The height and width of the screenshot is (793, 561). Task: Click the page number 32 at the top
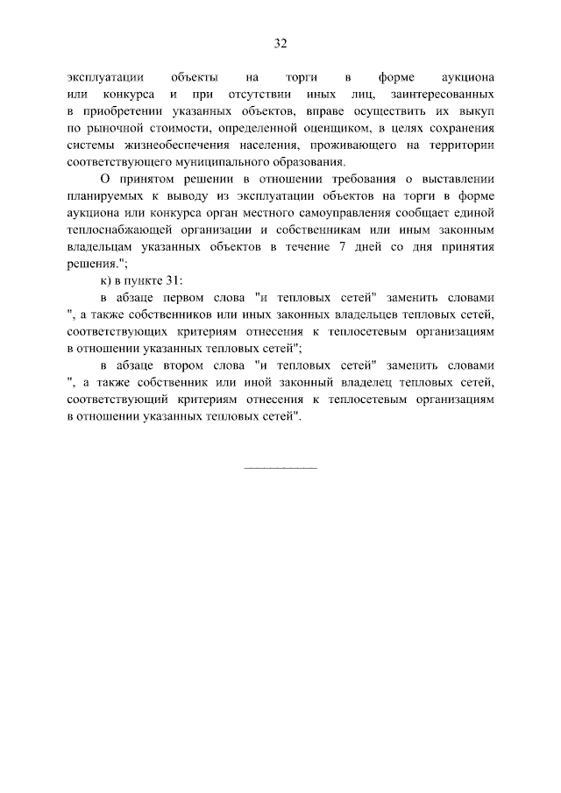(280, 43)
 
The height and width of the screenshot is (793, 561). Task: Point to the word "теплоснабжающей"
(116, 230)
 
